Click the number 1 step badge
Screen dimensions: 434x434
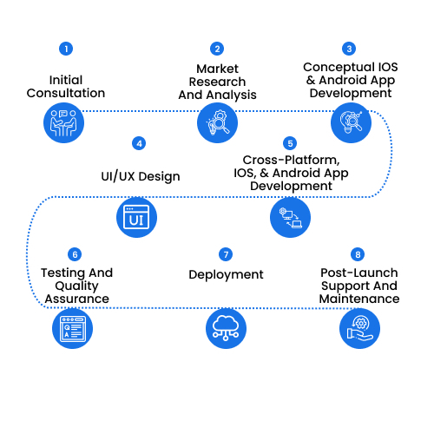click(x=66, y=49)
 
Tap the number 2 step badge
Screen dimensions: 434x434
click(x=217, y=49)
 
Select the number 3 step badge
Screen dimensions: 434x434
click(x=349, y=49)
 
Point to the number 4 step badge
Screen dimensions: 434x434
click(x=139, y=143)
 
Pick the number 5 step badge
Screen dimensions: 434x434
click(x=290, y=143)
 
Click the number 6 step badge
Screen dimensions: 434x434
click(x=75, y=254)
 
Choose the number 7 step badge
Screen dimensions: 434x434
click(x=226, y=254)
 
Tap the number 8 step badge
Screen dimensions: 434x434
click(x=358, y=254)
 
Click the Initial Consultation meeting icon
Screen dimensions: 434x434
click(x=63, y=123)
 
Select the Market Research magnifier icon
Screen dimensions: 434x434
click(x=217, y=123)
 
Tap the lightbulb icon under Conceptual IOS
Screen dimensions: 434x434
click(x=351, y=123)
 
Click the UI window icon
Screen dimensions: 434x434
click(x=136, y=217)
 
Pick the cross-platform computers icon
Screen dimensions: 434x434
click(x=290, y=217)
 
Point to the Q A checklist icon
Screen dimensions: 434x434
click(x=72, y=328)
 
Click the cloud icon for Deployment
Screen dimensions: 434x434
click(x=226, y=328)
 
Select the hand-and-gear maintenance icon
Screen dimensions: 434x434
click(x=359, y=328)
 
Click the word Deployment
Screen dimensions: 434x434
click(x=226, y=275)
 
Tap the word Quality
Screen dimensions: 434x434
click(x=76, y=286)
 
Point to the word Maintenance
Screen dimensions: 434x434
click(x=359, y=299)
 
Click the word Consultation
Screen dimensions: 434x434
click(x=66, y=93)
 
